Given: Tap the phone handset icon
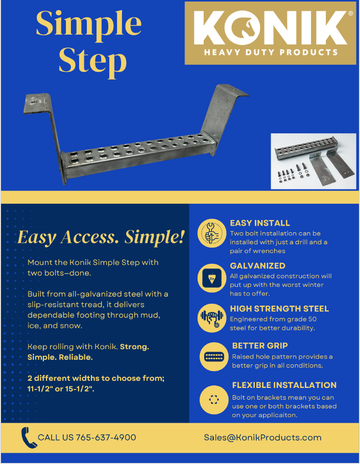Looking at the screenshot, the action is click(x=29, y=438).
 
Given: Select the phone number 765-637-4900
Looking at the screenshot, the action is click(x=106, y=437).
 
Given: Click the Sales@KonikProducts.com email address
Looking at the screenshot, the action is click(x=262, y=437).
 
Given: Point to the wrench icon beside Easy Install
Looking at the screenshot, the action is click(x=212, y=233).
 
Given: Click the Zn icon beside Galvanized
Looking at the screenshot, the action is click(x=212, y=278).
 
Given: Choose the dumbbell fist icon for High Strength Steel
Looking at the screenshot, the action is click(x=212, y=318).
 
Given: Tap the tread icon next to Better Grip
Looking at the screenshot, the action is click(x=214, y=357).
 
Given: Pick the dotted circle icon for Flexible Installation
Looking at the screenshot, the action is click(x=214, y=400).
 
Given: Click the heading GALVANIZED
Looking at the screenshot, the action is click(x=257, y=266).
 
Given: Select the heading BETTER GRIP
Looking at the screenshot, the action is click(x=260, y=346).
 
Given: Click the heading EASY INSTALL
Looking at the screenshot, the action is click(x=260, y=223).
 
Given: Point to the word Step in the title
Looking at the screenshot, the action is click(x=92, y=62).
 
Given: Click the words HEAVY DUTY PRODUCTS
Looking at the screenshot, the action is click(x=271, y=53).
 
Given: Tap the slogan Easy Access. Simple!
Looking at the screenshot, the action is click(x=101, y=237).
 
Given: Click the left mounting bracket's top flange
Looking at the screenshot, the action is click(x=37, y=103).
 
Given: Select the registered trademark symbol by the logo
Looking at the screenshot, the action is click(x=350, y=13).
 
